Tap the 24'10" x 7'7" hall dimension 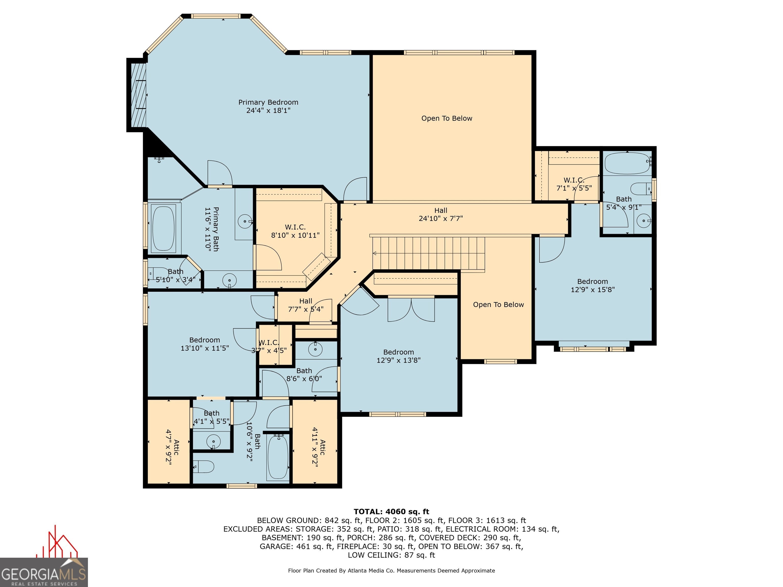pyautogui.click(x=441, y=219)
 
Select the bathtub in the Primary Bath pyautogui.click(x=163, y=228)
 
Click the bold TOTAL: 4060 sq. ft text pyautogui.click(x=391, y=512)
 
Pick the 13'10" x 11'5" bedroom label pyautogui.click(x=205, y=344)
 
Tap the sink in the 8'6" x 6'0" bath pyautogui.click(x=315, y=349)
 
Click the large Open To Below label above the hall pyautogui.click(x=447, y=118)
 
